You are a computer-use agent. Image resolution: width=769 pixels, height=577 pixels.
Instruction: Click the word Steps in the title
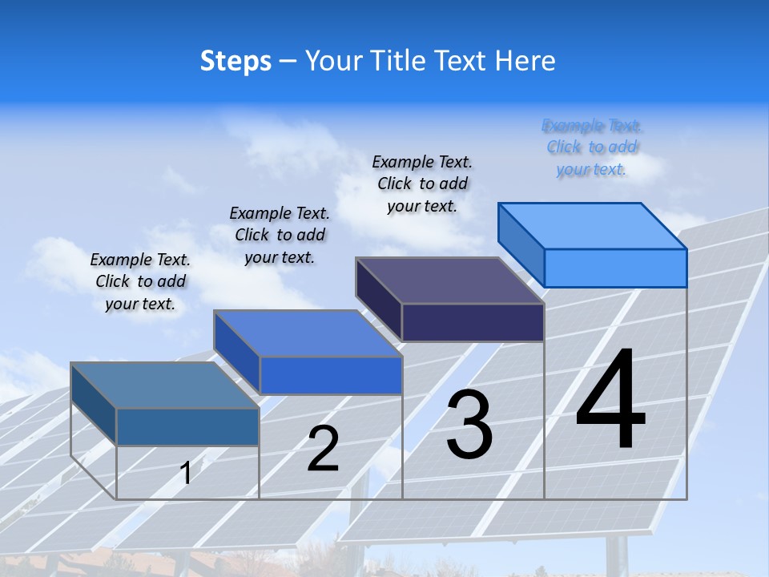click(x=236, y=62)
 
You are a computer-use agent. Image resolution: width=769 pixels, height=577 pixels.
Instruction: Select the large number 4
click(x=610, y=401)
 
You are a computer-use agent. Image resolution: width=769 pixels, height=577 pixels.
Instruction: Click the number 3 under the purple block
click(x=469, y=424)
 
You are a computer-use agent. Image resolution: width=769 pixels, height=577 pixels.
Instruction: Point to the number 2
click(x=323, y=449)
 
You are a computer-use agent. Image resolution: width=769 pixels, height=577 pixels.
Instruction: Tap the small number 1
click(x=185, y=473)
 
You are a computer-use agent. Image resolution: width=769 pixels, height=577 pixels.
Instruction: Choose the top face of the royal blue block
click(x=308, y=333)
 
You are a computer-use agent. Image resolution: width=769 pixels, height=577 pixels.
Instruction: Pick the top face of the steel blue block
click(x=165, y=385)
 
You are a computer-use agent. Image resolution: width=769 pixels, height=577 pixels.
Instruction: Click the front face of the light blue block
click(x=615, y=268)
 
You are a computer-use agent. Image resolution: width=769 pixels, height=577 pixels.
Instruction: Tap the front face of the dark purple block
click(x=473, y=322)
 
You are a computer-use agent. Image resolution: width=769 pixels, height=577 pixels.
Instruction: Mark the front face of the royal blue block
click(x=331, y=375)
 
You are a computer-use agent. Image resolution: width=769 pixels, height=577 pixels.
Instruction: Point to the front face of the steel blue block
click(x=187, y=426)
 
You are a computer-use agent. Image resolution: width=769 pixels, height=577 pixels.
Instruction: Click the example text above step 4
click(x=592, y=147)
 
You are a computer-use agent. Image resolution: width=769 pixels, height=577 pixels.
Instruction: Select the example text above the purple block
click(x=422, y=184)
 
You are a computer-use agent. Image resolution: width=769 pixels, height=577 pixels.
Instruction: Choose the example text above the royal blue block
click(x=280, y=235)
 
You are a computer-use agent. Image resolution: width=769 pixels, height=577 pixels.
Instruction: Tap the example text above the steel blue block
click(x=140, y=281)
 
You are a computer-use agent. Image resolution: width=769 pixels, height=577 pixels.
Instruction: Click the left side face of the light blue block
click(x=521, y=244)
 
